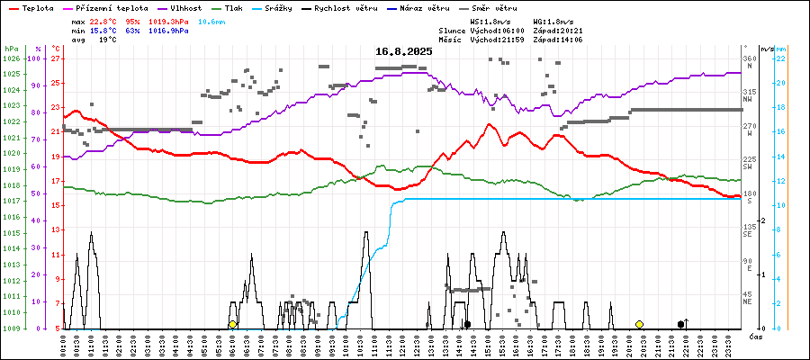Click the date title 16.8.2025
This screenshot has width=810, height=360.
[404, 51]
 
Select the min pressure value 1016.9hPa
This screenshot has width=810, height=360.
[169, 31]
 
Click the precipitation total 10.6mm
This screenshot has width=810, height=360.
[209, 21]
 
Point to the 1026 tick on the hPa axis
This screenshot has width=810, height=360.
[11, 58]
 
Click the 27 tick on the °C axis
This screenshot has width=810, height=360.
[55, 58]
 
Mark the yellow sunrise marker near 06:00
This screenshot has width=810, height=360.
[232, 324]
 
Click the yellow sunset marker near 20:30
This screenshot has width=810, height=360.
[639, 324]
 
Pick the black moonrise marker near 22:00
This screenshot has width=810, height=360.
[681, 324]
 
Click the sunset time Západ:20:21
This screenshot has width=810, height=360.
[558, 31]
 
